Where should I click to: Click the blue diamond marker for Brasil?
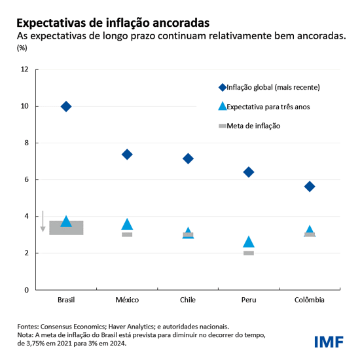coord(66,107)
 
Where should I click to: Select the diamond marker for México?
coord(127,154)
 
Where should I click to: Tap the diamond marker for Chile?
coord(188,158)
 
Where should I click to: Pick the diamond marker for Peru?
coord(249,172)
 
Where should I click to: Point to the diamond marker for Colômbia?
coord(310,187)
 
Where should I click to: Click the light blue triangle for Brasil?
coord(66,222)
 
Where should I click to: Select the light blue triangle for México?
coord(127,225)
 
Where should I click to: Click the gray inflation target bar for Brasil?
coord(66,228)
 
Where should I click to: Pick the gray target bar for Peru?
coord(249,253)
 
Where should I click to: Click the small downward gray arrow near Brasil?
coord(43,221)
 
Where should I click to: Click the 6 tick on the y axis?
coord(26,180)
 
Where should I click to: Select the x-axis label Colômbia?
coord(310,300)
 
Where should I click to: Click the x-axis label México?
coord(127,300)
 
